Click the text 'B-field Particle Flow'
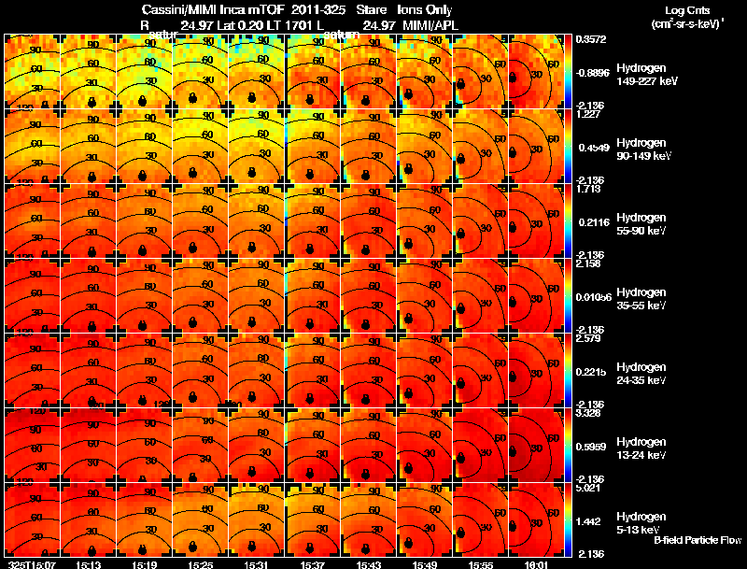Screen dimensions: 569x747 (698, 540)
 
